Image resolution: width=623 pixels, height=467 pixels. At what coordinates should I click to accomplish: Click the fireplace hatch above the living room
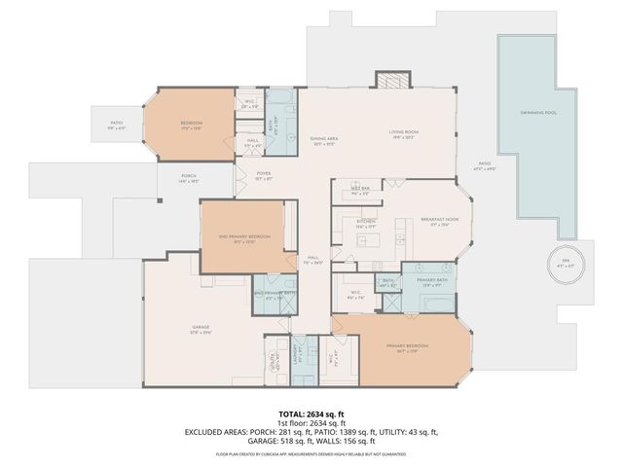click(389, 82)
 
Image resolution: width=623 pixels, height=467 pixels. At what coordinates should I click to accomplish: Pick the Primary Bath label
click(432, 282)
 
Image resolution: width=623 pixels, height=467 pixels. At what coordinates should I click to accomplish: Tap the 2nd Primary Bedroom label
click(244, 239)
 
